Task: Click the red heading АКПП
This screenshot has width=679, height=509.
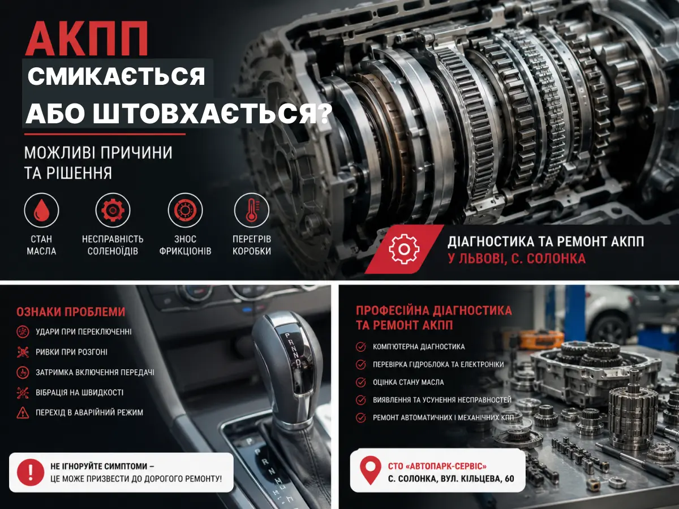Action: (87, 38)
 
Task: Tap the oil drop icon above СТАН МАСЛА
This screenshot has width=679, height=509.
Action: (41, 210)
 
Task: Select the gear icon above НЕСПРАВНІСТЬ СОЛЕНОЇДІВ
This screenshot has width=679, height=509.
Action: (113, 210)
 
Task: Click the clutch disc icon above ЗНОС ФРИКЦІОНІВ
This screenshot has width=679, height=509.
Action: (185, 210)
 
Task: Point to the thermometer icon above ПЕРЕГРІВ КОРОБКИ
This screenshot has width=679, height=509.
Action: (252, 210)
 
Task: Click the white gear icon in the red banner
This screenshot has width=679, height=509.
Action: (404, 249)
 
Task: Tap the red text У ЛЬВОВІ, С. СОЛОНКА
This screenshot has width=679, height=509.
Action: (517, 259)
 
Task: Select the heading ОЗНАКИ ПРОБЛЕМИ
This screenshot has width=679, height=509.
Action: (71, 312)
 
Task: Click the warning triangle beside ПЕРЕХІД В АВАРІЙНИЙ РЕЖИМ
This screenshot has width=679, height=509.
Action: (23, 413)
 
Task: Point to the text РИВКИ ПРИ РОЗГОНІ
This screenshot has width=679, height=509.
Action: (71, 352)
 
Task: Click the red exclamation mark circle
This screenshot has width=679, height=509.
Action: (31, 472)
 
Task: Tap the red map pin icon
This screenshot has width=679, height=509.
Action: (371, 470)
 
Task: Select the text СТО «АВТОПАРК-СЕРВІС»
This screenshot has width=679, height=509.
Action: (437, 466)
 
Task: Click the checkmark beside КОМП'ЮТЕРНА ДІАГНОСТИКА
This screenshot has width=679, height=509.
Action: (360, 347)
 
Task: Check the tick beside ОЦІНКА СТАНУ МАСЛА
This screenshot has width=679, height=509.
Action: (360, 382)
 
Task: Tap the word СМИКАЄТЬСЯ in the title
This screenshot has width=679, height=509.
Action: (117, 76)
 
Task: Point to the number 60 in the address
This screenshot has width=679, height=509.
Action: (509, 479)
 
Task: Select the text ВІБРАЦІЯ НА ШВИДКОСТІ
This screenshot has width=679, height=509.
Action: (80, 392)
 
